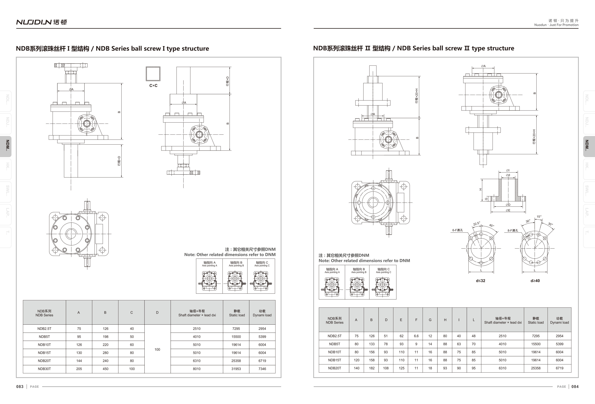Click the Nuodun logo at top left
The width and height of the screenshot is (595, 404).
(x=41, y=22)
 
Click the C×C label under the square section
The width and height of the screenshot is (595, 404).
(x=153, y=86)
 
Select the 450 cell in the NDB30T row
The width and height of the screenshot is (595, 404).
(x=106, y=369)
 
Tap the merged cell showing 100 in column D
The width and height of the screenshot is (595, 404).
(x=157, y=349)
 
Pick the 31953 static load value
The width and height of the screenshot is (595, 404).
(x=236, y=369)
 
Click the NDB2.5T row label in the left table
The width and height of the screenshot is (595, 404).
(x=44, y=329)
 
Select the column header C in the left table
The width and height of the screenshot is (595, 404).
(x=131, y=312)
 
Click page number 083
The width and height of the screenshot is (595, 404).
(x=20, y=387)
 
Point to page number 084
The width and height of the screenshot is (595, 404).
(x=575, y=387)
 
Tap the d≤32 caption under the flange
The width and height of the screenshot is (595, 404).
(x=480, y=281)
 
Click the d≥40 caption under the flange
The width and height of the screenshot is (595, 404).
(x=535, y=281)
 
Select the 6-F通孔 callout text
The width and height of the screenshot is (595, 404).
(x=457, y=230)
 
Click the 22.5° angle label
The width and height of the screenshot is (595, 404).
(x=476, y=224)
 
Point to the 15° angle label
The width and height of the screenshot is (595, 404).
(x=539, y=217)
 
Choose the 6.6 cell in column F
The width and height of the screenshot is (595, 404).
(x=416, y=336)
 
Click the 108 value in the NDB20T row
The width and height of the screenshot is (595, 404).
(x=386, y=368)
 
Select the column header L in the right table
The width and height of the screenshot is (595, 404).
(x=474, y=320)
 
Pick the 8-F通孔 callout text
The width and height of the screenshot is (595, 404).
(x=513, y=231)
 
